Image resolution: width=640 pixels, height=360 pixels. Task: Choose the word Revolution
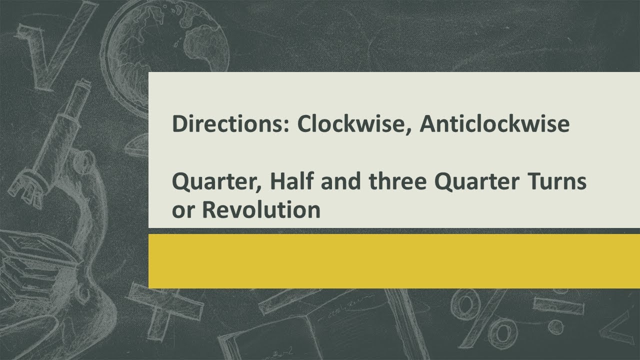(260, 210)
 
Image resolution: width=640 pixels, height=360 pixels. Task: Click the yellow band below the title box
(394, 260)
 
